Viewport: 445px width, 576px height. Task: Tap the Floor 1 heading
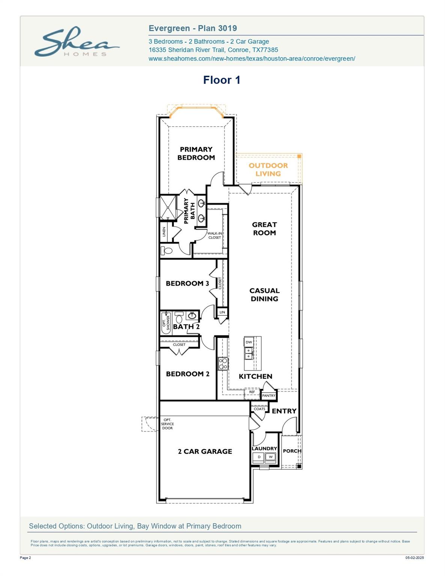coord(222,80)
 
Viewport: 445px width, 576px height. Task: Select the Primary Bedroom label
coord(196,153)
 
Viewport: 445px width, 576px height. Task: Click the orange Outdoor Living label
coord(268,169)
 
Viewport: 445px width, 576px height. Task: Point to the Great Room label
coord(265,228)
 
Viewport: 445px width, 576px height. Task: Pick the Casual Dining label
coord(265,294)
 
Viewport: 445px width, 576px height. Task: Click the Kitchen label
coord(256,376)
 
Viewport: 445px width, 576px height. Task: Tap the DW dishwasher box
coord(249,342)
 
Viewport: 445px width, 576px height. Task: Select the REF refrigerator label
coord(252,392)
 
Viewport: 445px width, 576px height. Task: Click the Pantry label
coord(269,396)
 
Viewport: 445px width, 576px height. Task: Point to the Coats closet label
coord(259,409)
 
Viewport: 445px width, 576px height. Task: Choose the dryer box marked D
coord(259,457)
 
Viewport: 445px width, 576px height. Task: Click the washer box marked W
coord(271,457)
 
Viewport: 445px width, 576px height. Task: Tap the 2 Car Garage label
coord(205,451)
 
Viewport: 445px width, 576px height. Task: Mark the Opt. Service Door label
coord(167,424)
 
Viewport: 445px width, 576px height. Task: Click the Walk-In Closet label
coord(214,235)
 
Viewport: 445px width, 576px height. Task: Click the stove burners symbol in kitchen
coord(223,363)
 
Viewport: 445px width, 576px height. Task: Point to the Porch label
coord(292,451)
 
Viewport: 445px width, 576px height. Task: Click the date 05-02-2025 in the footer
coord(415,558)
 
